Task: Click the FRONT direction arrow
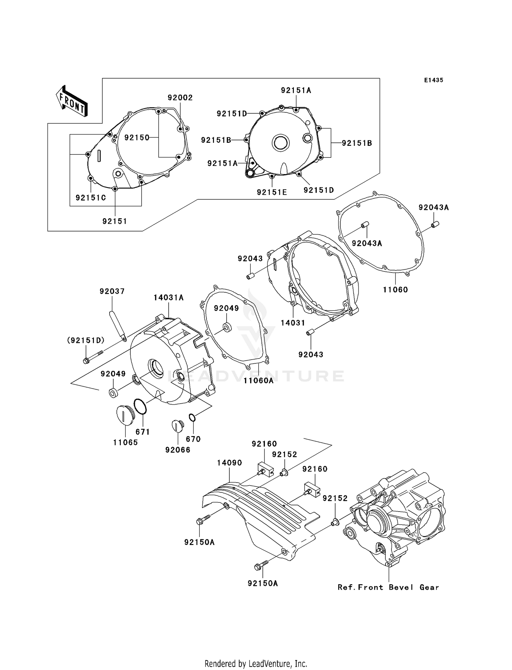pos(72,102)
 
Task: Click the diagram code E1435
pos(433,80)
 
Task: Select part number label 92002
pos(180,98)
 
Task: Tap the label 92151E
pos(272,192)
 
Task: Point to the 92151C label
pos(91,198)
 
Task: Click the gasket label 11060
pos(395,290)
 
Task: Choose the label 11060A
pos(258,380)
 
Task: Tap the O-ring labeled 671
pos(140,406)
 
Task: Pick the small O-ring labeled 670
pos(192,417)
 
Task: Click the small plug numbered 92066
pos(177,427)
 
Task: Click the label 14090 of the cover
pos(229,463)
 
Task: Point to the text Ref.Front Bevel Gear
pos(388,587)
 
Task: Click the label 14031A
pos(168,298)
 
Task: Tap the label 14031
pos(293,323)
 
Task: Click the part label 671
pos(143,432)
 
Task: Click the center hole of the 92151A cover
pos(280,143)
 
